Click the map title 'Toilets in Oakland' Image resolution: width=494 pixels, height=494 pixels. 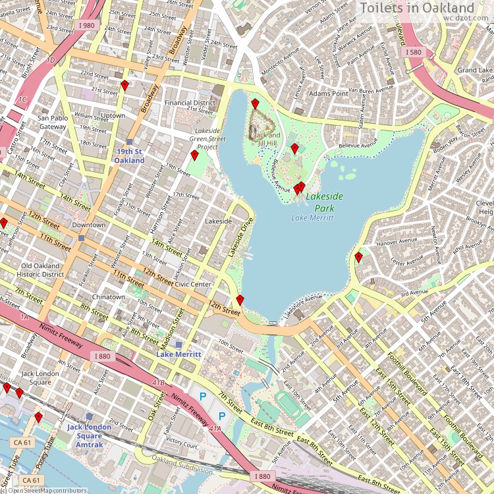425,7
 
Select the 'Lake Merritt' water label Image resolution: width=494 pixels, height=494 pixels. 312,218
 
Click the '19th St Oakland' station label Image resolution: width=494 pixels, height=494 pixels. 129,155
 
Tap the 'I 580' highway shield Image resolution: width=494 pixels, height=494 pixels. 413,52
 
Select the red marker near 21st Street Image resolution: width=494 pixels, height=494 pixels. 124,85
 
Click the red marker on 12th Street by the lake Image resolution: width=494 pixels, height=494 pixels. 240,300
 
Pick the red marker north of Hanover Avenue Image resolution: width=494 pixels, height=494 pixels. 358,256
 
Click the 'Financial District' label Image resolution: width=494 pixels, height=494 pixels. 190,103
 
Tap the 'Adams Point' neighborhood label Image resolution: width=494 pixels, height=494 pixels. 328,94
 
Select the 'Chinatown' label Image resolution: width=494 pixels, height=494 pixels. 108,297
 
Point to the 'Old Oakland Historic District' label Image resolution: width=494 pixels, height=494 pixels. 40,270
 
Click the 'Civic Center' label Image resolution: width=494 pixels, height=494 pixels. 192,285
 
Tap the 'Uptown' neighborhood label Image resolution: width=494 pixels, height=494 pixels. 113,115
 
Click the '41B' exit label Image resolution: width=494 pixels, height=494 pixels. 158,383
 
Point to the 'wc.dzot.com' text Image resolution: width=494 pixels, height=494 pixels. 468,19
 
